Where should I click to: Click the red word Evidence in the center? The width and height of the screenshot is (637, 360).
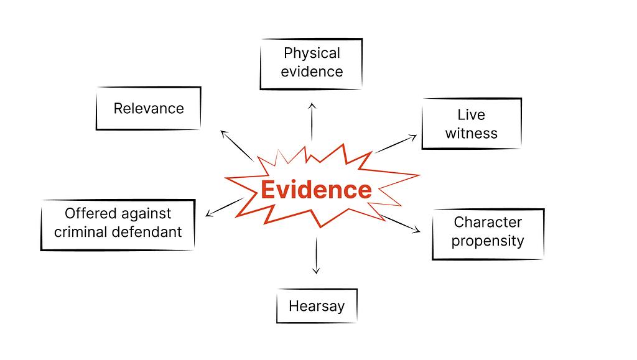tap(316, 190)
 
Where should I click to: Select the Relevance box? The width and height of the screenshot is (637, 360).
tap(149, 108)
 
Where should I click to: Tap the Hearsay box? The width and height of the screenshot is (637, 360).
tap(316, 306)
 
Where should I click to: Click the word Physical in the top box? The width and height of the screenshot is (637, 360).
tap(312, 53)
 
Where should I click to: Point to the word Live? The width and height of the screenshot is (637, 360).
tap(471, 115)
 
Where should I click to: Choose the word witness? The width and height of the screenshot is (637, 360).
tap(471, 133)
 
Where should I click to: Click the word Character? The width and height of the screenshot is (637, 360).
tap(488, 222)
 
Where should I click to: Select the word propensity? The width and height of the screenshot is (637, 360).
tap(488, 241)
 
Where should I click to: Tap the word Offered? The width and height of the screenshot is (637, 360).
tap(91, 213)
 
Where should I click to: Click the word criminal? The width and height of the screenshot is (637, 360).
tap(83, 232)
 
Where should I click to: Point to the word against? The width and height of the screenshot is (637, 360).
tap(146, 213)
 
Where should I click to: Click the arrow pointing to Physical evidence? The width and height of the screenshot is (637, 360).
tap(312, 122)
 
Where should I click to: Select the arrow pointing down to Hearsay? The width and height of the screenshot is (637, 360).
tap(316, 255)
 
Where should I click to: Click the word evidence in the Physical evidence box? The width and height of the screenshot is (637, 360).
tap(312, 72)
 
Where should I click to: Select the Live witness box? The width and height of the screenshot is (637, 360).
tap(471, 124)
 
